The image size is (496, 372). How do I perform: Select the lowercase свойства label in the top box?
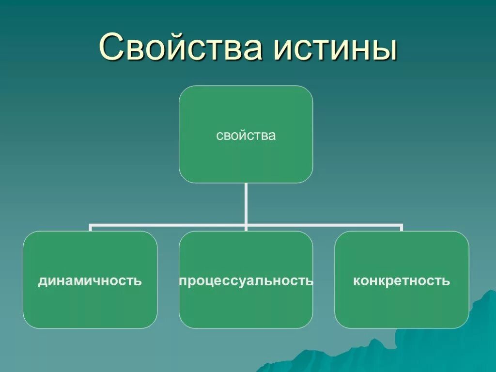(246, 136)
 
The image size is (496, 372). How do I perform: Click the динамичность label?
(90, 280)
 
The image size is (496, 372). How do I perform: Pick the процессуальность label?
(246, 280)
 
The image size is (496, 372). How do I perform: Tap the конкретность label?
(402, 280)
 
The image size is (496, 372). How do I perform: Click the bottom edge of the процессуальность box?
(246, 328)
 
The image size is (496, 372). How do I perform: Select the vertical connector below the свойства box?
(246, 203)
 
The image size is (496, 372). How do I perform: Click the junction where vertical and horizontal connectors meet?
(246, 225)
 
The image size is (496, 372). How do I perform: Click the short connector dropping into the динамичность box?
(91, 228)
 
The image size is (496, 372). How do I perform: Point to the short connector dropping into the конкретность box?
(402, 228)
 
